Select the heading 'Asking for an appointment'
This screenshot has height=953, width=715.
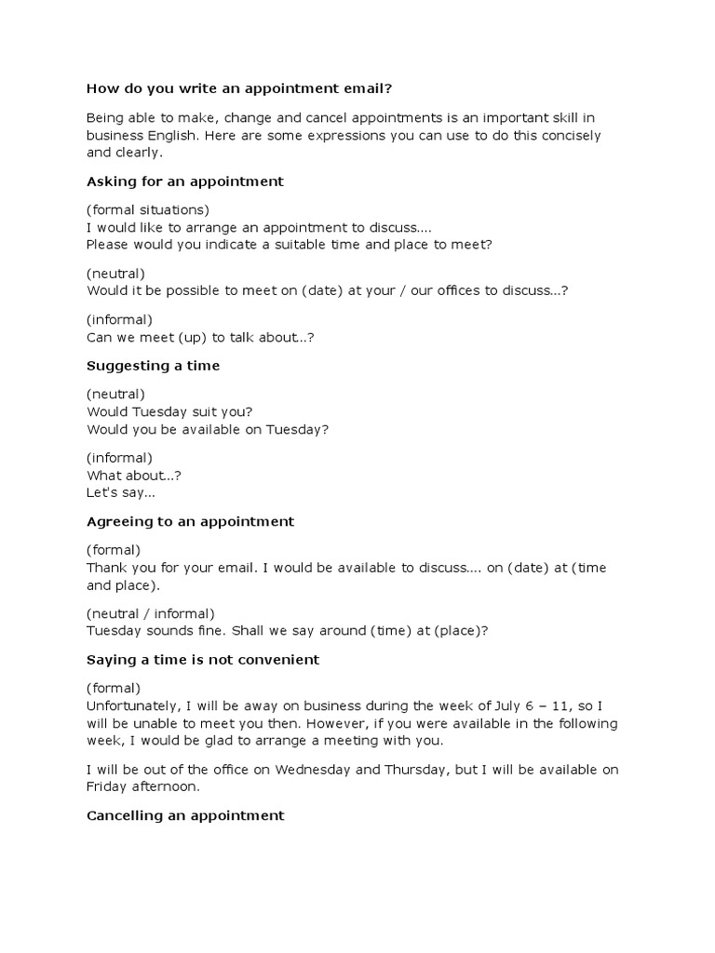(x=184, y=181)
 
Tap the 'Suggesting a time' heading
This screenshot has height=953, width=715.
(x=153, y=366)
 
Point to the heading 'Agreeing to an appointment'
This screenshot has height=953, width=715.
(x=190, y=521)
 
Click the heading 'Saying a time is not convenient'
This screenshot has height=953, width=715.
(x=202, y=659)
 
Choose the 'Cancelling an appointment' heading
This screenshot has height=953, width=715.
(x=184, y=815)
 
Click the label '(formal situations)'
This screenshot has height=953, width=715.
(x=147, y=208)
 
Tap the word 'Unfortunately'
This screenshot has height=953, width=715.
(x=128, y=706)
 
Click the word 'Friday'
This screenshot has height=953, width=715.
(x=105, y=786)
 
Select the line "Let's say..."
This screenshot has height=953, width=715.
(x=120, y=492)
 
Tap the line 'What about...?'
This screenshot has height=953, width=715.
(x=133, y=475)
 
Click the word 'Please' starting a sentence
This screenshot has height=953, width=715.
(x=107, y=244)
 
